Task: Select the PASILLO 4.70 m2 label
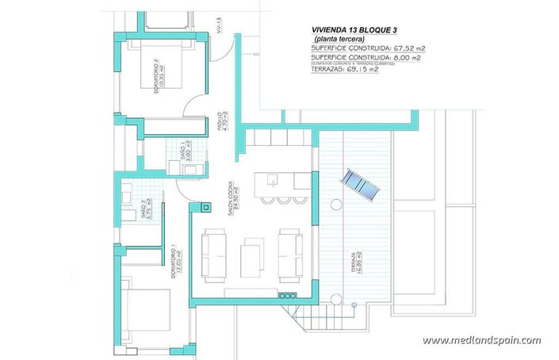coord(222,125)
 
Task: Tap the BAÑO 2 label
coord(145,209)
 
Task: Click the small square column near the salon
coord(206,208)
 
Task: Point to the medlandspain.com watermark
coord(481,340)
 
